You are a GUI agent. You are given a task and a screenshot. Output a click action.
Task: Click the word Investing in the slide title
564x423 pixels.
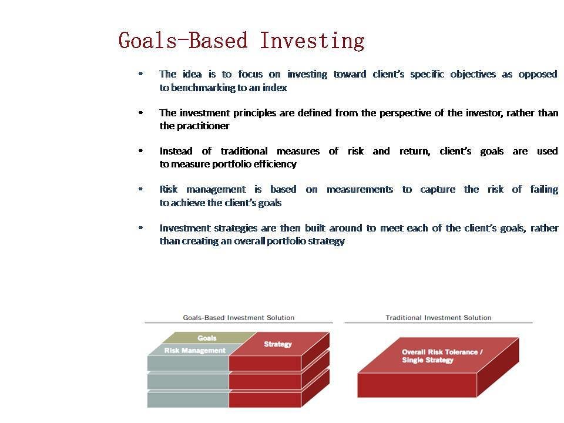(312, 41)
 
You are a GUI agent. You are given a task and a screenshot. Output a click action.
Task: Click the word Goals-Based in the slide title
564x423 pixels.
(183, 40)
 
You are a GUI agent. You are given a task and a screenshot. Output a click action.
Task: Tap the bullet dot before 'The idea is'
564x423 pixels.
(140, 74)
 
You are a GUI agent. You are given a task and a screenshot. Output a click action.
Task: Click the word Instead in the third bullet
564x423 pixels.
(176, 151)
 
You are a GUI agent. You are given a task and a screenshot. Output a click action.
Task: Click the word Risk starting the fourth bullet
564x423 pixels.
(169, 189)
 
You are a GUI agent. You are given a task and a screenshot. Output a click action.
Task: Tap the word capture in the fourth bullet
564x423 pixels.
(438, 190)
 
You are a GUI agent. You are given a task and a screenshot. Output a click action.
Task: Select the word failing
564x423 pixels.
(544, 189)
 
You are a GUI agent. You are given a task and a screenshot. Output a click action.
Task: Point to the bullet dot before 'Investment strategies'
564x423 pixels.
(140, 228)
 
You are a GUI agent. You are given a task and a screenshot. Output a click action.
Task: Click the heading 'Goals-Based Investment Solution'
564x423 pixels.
(239, 318)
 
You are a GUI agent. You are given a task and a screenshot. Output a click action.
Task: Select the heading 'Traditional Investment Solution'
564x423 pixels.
(438, 318)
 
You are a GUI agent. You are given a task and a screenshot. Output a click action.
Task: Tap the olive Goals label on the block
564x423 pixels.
(207, 338)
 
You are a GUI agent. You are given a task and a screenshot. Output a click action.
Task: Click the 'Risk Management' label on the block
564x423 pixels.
(195, 350)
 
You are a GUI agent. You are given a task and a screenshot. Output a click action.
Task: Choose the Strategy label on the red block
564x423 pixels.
(278, 344)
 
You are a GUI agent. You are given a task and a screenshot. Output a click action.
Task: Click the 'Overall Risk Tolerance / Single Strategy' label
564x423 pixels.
(442, 356)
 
